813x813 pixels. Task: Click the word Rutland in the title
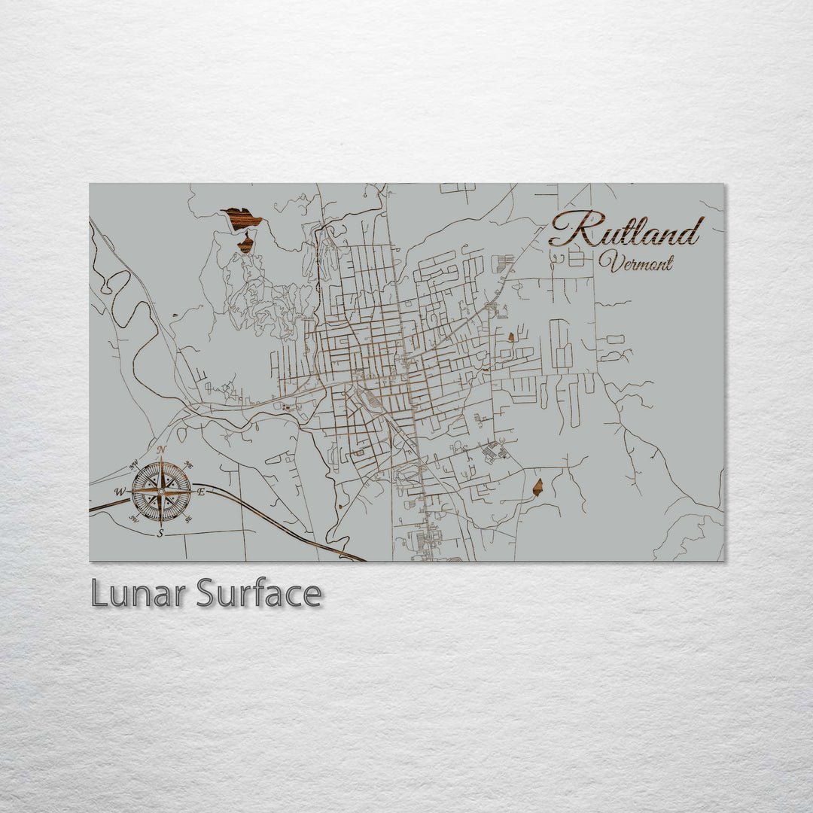tap(627, 230)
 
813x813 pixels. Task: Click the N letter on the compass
tap(161, 449)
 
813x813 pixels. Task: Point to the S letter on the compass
tap(160, 533)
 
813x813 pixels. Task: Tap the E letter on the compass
tap(200, 492)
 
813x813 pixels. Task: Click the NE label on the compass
tap(188, 464)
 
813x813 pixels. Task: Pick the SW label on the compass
tap(133, 519)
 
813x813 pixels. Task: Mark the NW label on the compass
tap(134, 464)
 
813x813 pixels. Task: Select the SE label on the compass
tap(188, 519)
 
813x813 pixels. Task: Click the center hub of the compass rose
tap(161, 492)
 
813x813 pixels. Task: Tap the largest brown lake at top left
tap(242, 218)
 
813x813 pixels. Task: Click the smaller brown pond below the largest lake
tap(245, 244)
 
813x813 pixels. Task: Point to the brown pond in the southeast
tap(537, 488)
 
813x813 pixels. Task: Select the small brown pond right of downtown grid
tap(511, 336)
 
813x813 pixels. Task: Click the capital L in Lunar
tap(99, 594)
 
